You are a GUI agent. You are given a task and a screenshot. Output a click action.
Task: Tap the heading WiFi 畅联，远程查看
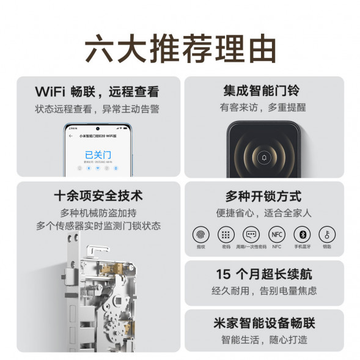click(97, 92)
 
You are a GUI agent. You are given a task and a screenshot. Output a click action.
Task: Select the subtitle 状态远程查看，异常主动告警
click(97, 109)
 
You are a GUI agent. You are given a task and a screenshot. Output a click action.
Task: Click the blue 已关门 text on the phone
click(98, 154)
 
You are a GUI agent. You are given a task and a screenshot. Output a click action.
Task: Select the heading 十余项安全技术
click(98, 196)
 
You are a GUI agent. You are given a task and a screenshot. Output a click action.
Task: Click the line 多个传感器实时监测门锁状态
click(98, 226)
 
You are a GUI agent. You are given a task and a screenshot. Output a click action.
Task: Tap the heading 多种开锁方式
click(263, 197)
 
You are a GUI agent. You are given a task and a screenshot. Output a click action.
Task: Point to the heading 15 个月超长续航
click(263, 274)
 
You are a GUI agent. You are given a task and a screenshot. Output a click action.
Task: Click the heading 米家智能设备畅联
click(263, 323)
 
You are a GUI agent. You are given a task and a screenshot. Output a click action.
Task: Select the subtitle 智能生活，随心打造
click(263, 339)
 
